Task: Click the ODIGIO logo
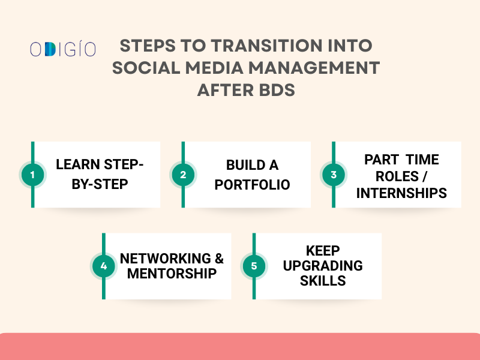pyautogui.click(x=63, y=49)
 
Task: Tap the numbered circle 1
pyautogui.click(x=32, y=175)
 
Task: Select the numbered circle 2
pyautogui.click(x=183, y=175)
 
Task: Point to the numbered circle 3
pyautogui.click(x=334, y=175)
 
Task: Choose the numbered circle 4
pyautogui.click(x=103, y=266)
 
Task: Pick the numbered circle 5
pyautogui.click(x=254, y=266)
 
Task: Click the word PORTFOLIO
pyautogui.click(x=252, y=184)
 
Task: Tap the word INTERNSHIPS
pyautogui.click(x=401, y=193)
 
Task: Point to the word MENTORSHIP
pyautogui.click(x=172, y=274)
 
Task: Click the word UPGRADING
pyautogui.click(x=323, y=265)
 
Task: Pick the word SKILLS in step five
pyautogui.click(x=323, y=280)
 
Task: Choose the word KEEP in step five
pyautogui.click(x=323, y=250)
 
